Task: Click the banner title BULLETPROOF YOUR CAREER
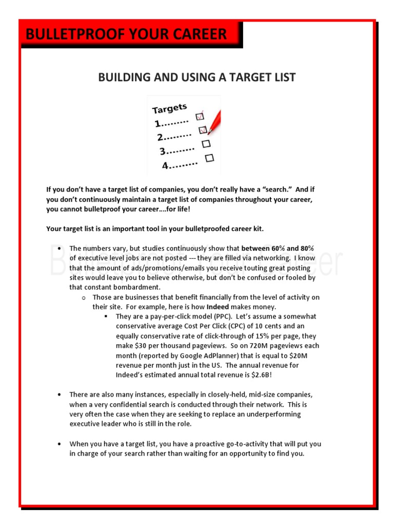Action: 126,34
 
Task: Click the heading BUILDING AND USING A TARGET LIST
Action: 197,77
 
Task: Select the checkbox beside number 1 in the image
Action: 200,117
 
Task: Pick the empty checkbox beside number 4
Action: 209,158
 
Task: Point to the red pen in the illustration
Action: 214,120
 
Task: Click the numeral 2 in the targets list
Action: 160,137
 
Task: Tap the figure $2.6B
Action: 263,374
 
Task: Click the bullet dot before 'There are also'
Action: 60,394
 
